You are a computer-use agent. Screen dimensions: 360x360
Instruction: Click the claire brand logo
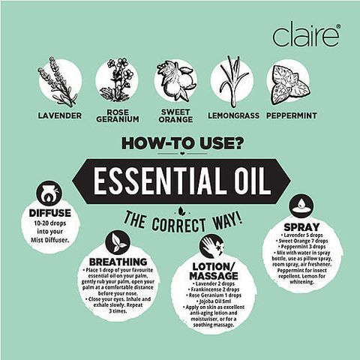click(x=306, y=34)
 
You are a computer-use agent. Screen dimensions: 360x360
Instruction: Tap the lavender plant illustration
click(x=60, y=81)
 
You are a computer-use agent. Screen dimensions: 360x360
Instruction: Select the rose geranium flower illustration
click(x=118, y=81)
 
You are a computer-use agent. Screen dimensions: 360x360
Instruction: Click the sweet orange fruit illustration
click(x=175, y=81)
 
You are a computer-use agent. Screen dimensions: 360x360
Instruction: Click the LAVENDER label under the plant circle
click(x=60, y=116)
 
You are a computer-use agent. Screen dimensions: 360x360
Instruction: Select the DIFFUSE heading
click(x=50, y=213)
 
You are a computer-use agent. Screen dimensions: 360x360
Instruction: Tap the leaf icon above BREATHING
click(x=117, y=241)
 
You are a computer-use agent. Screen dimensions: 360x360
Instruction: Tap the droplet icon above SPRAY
click(x=302, y=204)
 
